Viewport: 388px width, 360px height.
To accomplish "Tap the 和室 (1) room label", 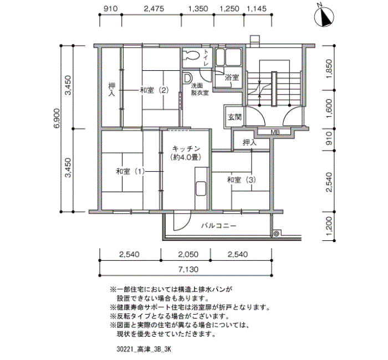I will coord(130,171).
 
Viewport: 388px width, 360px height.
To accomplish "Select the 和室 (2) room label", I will coord(154,90).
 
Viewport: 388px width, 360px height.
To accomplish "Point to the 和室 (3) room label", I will coord(241,180).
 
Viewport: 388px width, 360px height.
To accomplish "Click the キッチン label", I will coord(186,148).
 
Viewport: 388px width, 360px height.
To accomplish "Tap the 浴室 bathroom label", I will coord(232,78).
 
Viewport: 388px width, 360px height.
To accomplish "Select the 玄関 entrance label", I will coord(234,117).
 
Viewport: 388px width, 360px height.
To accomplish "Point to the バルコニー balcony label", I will coord(218,226).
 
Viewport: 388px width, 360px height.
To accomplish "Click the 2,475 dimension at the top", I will coord(154,9).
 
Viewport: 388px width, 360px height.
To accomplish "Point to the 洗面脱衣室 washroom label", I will coord(200,89).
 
